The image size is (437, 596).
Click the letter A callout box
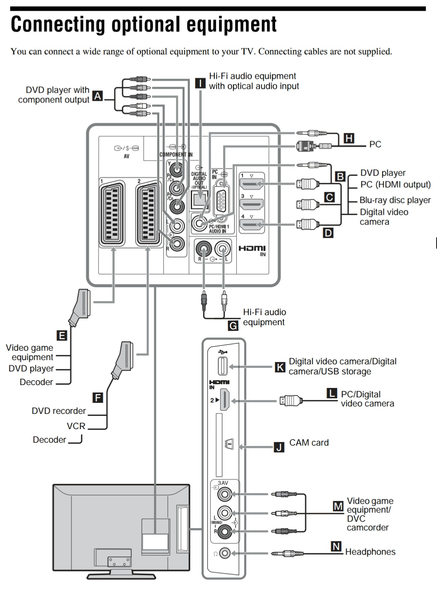tap(98, 96)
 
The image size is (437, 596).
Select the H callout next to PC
tap(349, 138)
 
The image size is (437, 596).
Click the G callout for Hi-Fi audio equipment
tap(233, 326)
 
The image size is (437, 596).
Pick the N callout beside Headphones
tap(336, 546)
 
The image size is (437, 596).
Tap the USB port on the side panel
tap(223, 366)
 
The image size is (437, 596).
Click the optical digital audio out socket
tap(199, 199)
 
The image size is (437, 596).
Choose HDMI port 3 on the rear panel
tap(251, 204)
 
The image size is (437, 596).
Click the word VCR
tap(76, 426)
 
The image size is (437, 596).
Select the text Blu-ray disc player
tap(395, 200)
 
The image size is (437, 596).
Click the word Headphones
tap(370, 552)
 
